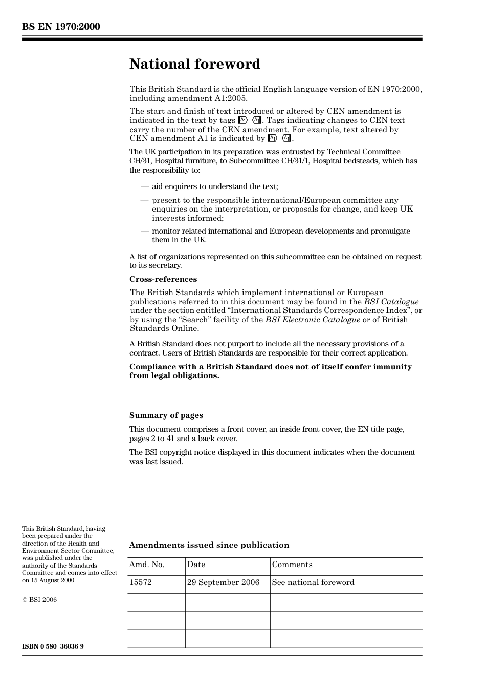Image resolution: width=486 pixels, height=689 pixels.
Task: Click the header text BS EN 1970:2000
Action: pos(61,27)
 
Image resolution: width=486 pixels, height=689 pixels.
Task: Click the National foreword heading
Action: pos(195,64)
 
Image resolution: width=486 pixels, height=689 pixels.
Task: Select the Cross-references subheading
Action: pos(163,279)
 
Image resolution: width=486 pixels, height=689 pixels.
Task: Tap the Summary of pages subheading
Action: pos(166,415)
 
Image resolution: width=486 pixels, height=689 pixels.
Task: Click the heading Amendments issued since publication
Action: pos(209,545)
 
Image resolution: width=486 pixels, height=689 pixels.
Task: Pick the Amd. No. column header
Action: pos(147,565)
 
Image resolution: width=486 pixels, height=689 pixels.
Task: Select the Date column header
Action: pos(196,565)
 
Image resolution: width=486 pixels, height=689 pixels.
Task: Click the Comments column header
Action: pos(292,565)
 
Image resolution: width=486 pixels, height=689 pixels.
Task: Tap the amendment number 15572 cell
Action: pos(141,582)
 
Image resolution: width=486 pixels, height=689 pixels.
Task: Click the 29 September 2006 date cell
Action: pos(223,582)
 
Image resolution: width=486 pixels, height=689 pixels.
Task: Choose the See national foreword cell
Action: pos(313,582)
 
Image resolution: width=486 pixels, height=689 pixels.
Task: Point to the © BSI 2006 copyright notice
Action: pos(39,599)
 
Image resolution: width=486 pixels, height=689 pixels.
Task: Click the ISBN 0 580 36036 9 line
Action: pos(53,646)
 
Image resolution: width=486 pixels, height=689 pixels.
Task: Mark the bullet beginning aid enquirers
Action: pos(215,186)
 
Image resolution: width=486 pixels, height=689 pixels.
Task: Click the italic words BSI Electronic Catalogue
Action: pos(313,320)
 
